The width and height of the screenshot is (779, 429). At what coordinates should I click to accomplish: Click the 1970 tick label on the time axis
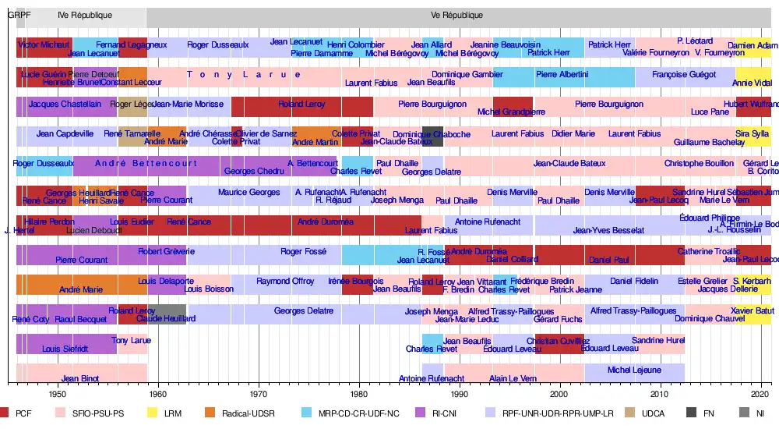coord(259,394)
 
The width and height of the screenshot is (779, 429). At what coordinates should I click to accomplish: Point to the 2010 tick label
coord(661,394)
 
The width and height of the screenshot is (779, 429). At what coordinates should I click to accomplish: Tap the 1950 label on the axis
coord(58,394)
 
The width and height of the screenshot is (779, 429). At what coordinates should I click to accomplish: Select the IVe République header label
coord(85,16)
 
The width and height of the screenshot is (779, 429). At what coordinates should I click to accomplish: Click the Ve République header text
coord(456,16)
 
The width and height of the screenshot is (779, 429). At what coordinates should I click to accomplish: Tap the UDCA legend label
coord(653,413)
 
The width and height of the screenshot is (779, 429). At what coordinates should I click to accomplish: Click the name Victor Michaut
coord(44,45)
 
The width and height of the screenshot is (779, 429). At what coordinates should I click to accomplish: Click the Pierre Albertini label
coord(562,74)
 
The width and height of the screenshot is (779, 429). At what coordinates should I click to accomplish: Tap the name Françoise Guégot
coord(684,74)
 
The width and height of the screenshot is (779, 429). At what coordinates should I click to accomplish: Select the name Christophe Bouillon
coord(699,163)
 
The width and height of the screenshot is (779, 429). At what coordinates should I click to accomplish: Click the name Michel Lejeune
coord(634,370)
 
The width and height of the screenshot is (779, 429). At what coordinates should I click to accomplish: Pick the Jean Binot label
coord(80,379)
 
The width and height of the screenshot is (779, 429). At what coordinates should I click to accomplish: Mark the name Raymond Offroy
coord(285,281)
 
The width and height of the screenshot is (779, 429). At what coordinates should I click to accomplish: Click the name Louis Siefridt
coord(65,349)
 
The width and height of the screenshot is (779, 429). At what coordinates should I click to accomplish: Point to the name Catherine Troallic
coord(709,251)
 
